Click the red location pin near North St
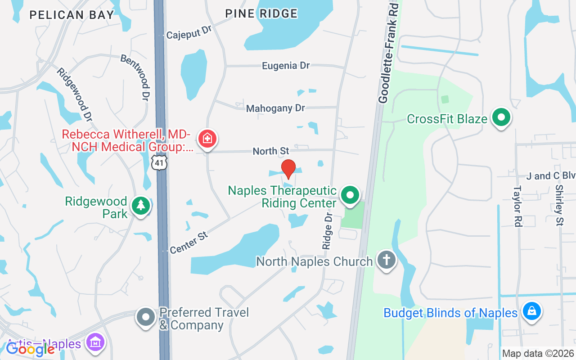point(288,169)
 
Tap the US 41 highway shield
point(159,162)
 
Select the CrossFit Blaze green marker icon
point(501,118)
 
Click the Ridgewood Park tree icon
point(141,206)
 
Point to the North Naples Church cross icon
point(386,260)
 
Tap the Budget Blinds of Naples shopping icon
point(532,311)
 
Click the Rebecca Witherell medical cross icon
point(207,139)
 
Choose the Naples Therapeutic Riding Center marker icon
point(351,195)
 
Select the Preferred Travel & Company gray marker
point(146,317)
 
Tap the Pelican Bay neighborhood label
point(72,15)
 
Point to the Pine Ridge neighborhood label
point(261,14)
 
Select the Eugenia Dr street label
point(286,66)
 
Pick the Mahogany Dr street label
point(275,108)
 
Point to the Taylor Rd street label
point(517,206)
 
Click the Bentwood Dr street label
point(135,77)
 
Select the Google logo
point(30,349)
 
